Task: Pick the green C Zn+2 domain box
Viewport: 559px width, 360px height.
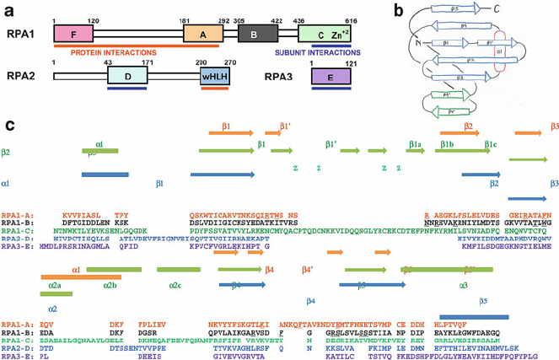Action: (x=325, y=34)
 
